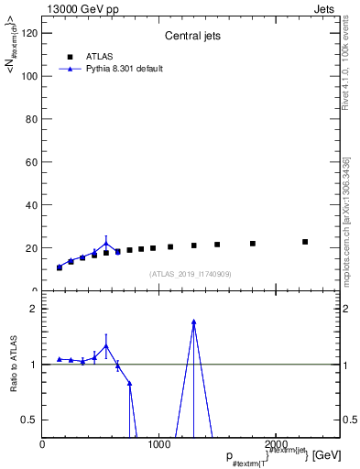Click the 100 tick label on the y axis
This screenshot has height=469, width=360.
[x=29, y=76]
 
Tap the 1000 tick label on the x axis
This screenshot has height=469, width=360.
[x=159, y=444]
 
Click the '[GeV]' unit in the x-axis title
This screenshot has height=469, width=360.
[x=327, y=454]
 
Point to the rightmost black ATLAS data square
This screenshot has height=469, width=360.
[x=305, y=242]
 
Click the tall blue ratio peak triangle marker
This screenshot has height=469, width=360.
[x=193, y=322]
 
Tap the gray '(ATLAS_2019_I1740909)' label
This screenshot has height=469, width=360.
[x=191, y=274]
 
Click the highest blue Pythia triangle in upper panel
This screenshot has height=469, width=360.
[x=106, y=244]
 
